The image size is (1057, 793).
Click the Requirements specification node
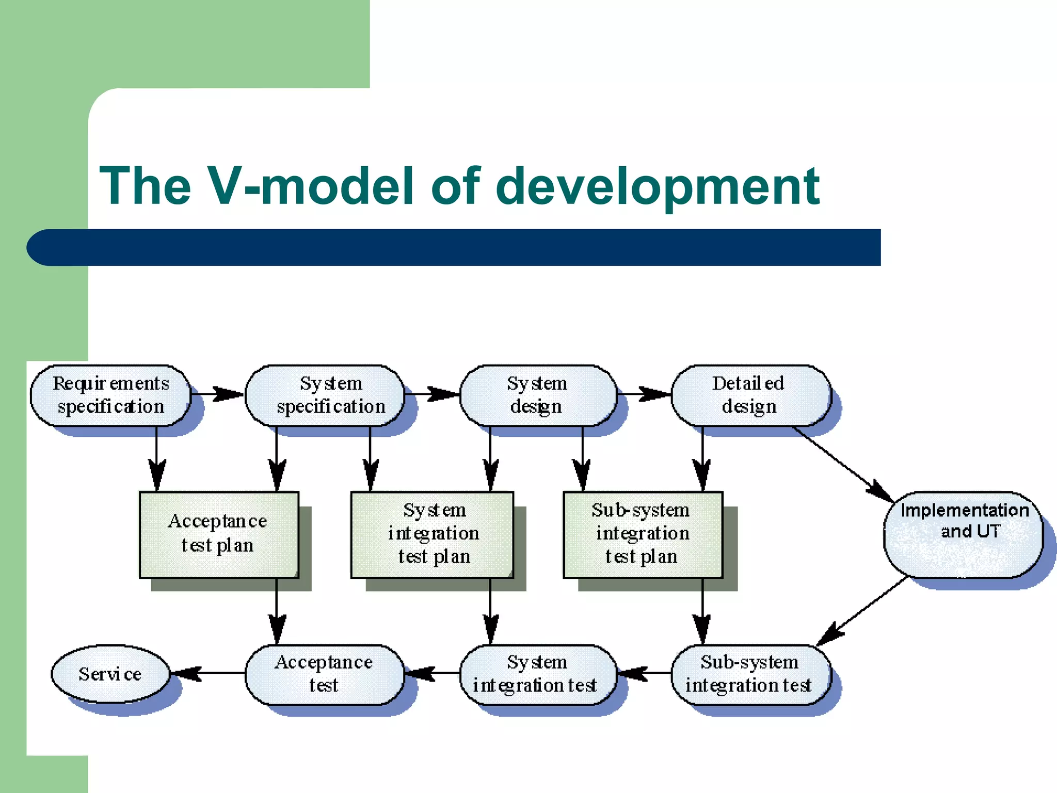click(110, 395)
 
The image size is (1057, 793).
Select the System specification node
click(325, 395)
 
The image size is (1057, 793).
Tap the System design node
click(538, 395)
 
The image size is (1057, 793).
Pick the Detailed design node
click(751, 395)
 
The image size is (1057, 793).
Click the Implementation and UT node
click(963, 534)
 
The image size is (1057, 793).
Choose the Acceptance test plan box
click(219, 534)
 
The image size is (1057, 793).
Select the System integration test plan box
click(433, 534)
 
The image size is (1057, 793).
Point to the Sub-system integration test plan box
click(643, 534)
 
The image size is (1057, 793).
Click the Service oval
click(110, 674)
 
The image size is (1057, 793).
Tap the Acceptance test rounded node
click(324, 674)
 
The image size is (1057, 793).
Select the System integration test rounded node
click(537, 674)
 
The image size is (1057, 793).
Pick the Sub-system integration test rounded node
click(750, 674)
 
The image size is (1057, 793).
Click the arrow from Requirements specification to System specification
click(217, 394)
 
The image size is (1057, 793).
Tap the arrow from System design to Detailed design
click(644, 394)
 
